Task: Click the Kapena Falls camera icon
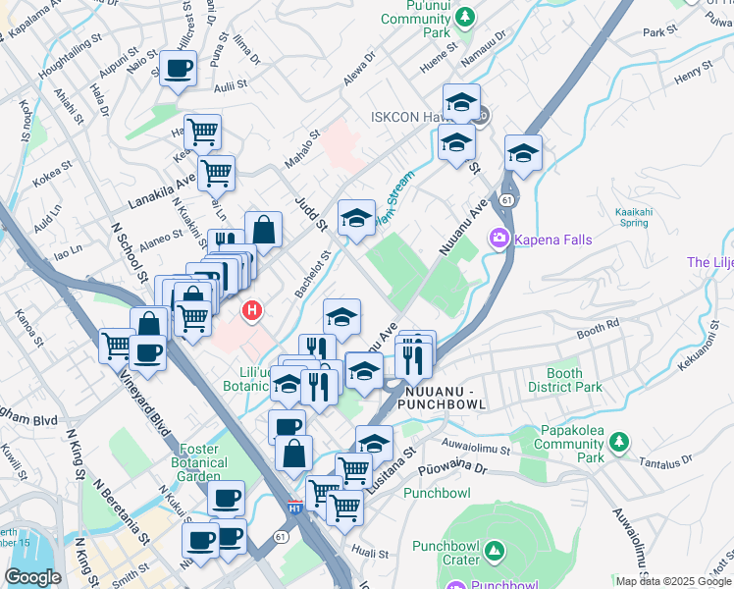click(x=499, y=238)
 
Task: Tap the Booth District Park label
click(x=564, y=380)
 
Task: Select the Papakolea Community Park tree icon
click(x=618, y=444)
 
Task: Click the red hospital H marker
click(x=252, y=312)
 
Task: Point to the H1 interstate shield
click(x=295, y=509)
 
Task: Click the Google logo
click(x=32, y=577)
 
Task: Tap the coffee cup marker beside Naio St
click(x=178, y=69)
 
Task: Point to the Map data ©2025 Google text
click(x=673, y=581)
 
